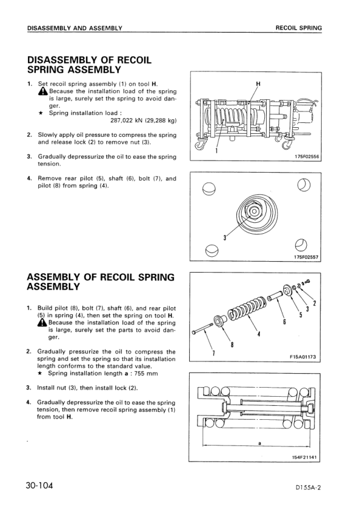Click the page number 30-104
tap(39, 486)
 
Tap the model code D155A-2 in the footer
tap(308, 487)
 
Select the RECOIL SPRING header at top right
tap(298, 28)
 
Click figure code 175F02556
tap(307, 156)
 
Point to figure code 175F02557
tap(306, 257)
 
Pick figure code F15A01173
tap(302, 357)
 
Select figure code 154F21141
tap(304, 457)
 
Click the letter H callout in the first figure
tap(258, 84)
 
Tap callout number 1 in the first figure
tap(216, 150)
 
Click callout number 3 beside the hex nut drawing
tap(224, 238)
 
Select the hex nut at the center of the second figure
tap(253, 211)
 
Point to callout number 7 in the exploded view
tap(213, 354)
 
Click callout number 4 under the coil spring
tap(259, 334)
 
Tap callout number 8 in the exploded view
tap(232, 345)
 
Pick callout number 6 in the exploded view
tap(284, 322)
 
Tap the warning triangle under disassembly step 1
tap(43, 91)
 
